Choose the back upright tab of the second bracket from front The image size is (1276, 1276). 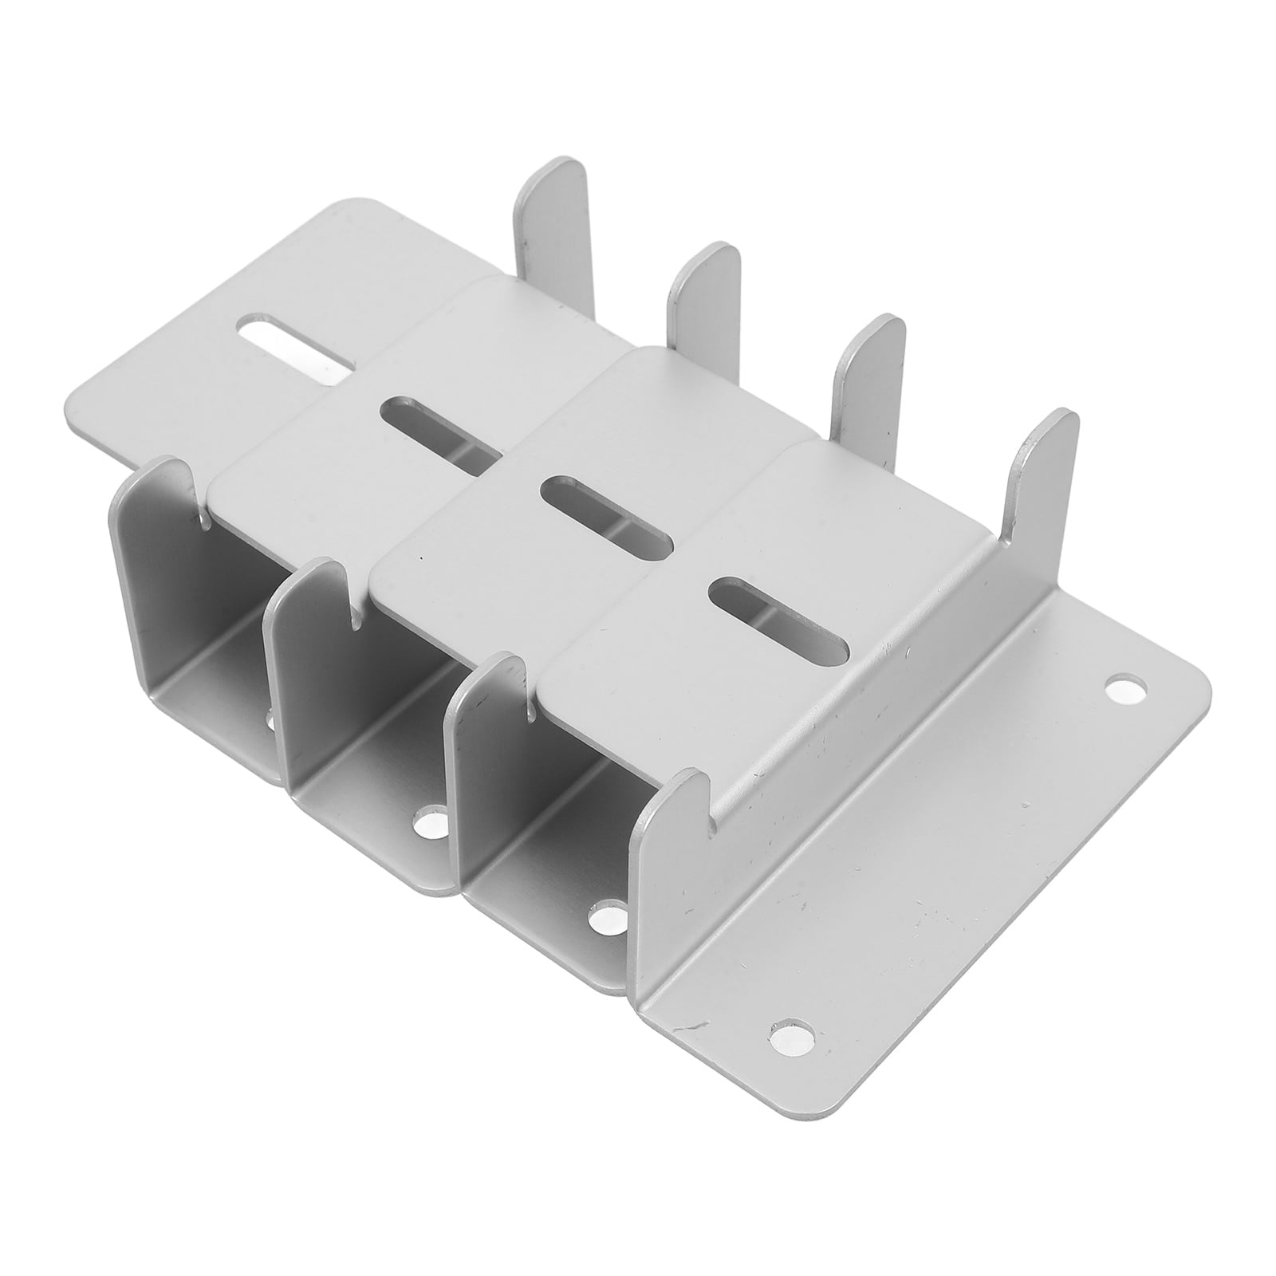869,375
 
